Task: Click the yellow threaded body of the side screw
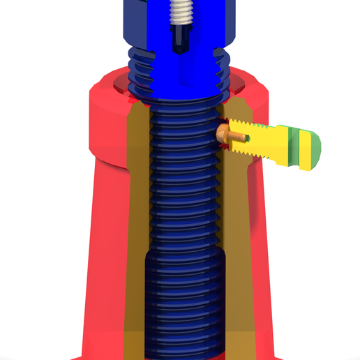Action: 269,143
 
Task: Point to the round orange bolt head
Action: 222,132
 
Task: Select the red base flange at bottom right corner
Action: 279,352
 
